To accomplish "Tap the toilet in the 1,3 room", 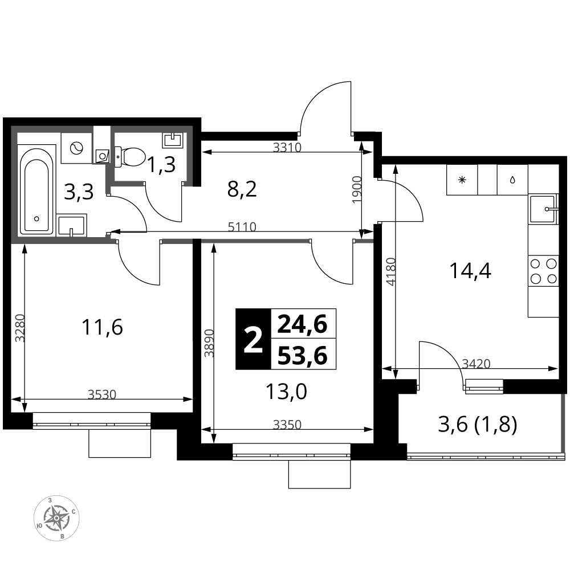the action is pos(129,157).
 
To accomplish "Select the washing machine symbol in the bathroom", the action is pos(77,148).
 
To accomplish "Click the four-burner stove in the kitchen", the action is pos(543,270).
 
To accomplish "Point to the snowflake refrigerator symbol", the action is pos(462,180).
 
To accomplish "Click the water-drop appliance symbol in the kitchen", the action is pos(512,180).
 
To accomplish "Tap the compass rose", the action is pos(56,518).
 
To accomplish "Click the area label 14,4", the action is pos(470,271).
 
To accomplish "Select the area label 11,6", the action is pos(102,327).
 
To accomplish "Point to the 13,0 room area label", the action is pos(287,392).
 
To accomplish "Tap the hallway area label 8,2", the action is pos(242,189).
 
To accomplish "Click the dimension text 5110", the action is pos(242,227).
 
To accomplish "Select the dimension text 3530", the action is pos(102,394).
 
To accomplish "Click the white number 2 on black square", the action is pos(253,339).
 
